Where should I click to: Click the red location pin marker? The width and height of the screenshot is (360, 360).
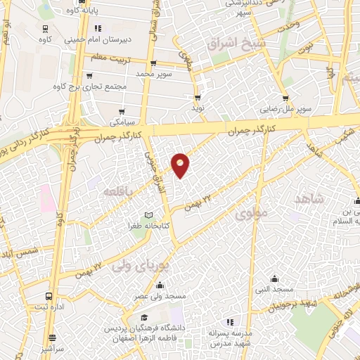tap(181, 165)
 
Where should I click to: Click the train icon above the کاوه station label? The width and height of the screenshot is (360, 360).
tap(46, 29)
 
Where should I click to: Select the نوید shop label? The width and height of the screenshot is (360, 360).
tap(198, 108)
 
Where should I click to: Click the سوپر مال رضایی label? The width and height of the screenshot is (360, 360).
tap(284, 110)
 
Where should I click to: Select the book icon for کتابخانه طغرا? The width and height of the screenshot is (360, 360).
tap(148, 214)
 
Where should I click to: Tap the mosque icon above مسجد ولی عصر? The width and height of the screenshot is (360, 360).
tap(160, 285)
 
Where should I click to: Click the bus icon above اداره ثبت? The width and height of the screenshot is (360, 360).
tap(48, 296)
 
